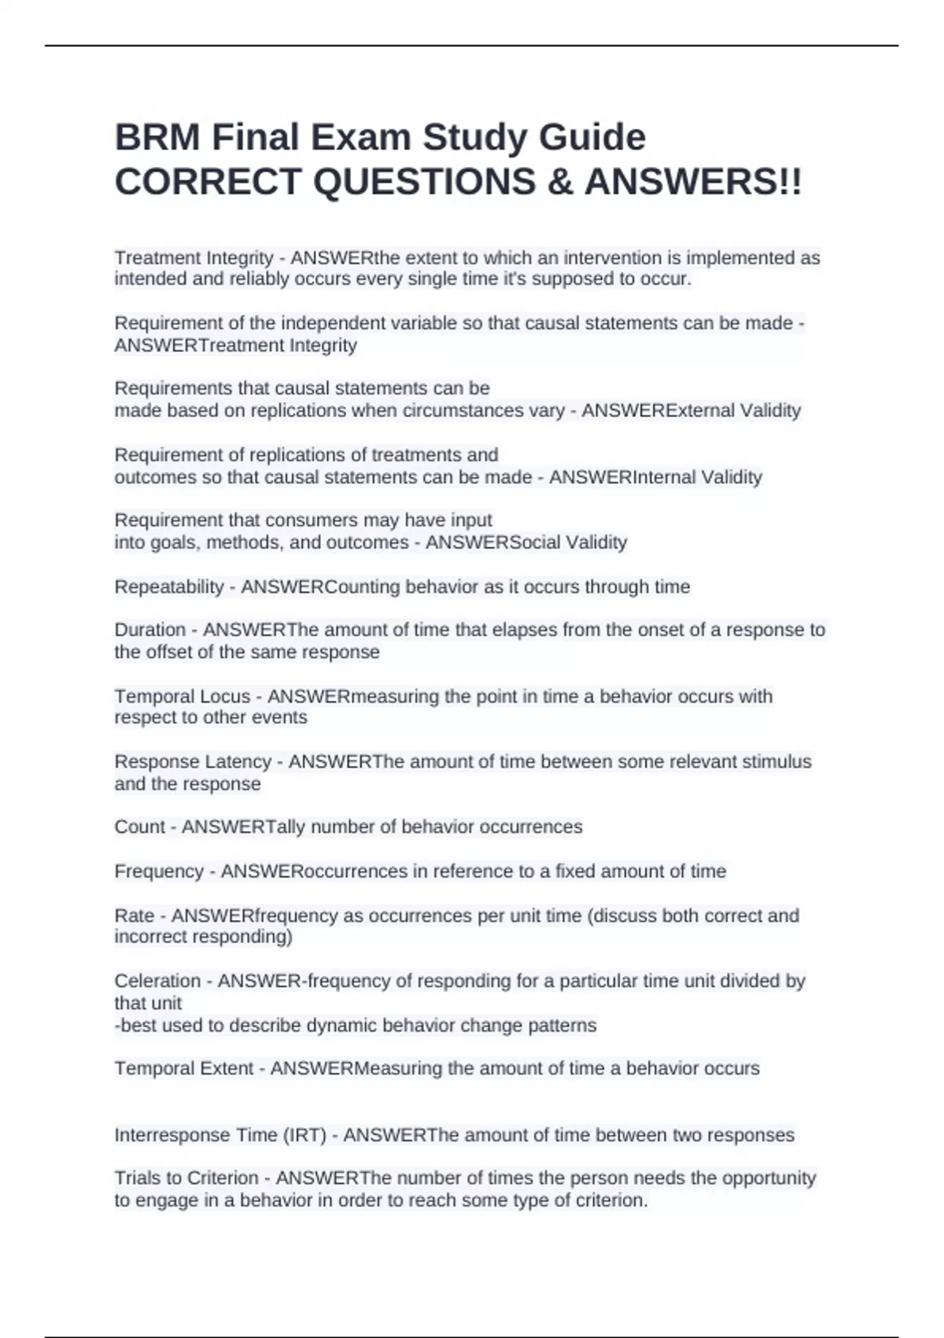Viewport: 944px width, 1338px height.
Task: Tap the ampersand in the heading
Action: tap(559, 183)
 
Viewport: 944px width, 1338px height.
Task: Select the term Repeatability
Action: tap(169, 587)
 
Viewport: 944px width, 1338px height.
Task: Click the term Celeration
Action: tap(157, 981)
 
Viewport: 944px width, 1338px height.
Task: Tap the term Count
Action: tap(139, 827)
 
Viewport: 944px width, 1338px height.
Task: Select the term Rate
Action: tap(134, 916)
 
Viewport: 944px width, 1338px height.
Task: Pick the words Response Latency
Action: tap(193, 762)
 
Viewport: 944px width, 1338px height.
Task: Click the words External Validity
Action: tap(733, 411)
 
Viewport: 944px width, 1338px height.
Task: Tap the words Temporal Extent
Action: tap(184, 1069)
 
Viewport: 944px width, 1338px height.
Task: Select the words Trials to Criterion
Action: tap(186, 1178)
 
